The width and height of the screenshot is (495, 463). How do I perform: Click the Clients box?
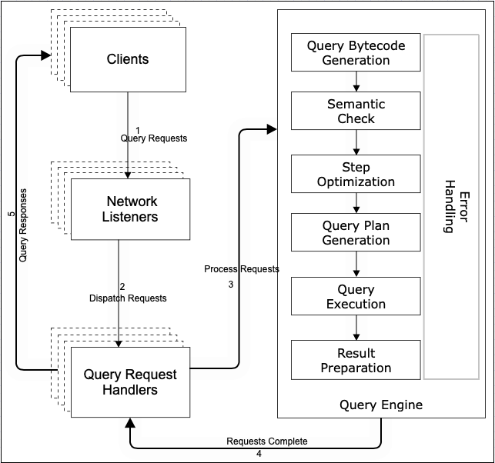pos(127,59)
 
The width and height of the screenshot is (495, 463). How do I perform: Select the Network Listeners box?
pos(132,209)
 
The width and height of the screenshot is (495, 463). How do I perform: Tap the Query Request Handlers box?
pos(130,381)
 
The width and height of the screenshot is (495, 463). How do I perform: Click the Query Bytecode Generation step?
pos(356,52)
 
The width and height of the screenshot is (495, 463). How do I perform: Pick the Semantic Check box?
pos(356,111)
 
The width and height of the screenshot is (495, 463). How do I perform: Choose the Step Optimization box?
pos(356,175)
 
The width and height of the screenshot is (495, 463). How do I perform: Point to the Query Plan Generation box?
pos(356,232)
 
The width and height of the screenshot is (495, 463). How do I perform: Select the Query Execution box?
pos(356,297)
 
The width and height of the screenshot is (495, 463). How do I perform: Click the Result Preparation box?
pos(356,360)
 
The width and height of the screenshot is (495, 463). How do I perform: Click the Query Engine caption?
pos(381,405)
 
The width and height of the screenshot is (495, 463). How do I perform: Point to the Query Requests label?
pos(154,138)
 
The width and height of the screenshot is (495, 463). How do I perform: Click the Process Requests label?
pos(242,269)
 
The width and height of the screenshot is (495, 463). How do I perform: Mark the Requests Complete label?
pos(267,441)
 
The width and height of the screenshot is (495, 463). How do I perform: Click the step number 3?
pos(230,284)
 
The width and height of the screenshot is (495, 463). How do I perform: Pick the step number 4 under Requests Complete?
pos(259,453)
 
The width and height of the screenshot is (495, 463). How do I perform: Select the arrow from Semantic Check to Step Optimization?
pos(356,142)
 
